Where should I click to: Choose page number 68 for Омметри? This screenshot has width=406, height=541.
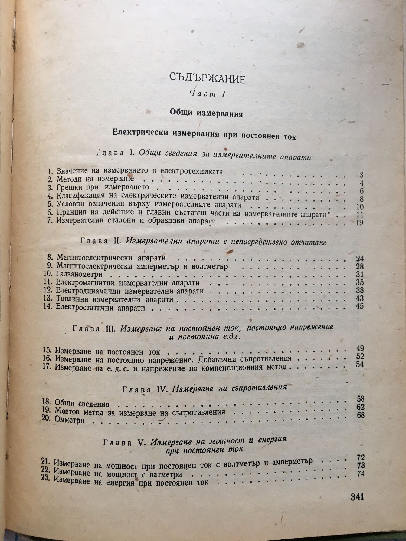[361, 415]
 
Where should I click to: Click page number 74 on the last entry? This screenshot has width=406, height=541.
[361, 474]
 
